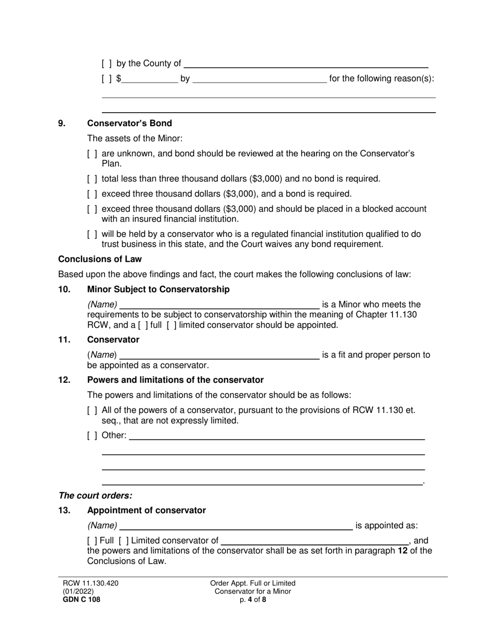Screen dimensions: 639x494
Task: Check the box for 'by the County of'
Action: point(107,64)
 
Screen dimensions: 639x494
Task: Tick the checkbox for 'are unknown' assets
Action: point(92,154)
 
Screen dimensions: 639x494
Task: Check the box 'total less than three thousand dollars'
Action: point(92,179)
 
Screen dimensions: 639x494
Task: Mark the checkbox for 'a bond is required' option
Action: point(92,194)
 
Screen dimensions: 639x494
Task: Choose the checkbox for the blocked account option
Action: point(92,209)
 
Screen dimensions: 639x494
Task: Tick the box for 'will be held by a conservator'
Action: point(92,234)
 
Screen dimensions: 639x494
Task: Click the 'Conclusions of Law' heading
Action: point(100,259)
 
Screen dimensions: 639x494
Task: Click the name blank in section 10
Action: point(219,304)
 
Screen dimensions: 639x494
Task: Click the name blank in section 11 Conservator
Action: point(219,355)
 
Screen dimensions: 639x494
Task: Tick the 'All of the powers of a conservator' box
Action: point(92,410)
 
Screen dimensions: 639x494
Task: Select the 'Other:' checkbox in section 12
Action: point(92,435)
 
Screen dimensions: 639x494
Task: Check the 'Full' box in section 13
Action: point(92,541)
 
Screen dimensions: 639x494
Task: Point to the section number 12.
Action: point(64,380)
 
